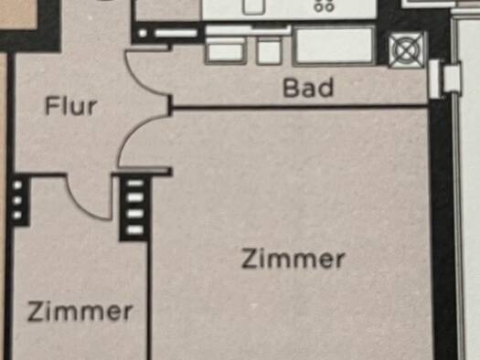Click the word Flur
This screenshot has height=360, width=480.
tap(70, 106)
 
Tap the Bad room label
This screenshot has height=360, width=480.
tap(308, 88)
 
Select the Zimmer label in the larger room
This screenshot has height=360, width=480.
tap(293, 259)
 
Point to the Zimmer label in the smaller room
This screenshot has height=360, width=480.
tap(80, 312)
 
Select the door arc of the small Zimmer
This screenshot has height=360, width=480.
tap(81, 208)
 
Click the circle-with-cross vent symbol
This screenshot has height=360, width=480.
tap(407, 49)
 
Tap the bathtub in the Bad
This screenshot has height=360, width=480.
tap(335, 46)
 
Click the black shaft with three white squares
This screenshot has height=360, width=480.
tap(19, 200)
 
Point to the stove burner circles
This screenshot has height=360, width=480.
tap(324, 6)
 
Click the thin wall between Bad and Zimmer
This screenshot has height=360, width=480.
tap(300, 107)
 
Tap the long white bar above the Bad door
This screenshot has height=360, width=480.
tap(176, 33)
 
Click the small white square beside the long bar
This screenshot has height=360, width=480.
tap(143, 33)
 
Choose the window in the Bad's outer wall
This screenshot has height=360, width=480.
tap(444, 79)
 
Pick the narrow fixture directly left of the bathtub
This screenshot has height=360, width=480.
tap(270, 51)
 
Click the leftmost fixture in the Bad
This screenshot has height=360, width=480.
tap(226, 50)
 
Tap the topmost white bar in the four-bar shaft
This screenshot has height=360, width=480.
tap(135, 184)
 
